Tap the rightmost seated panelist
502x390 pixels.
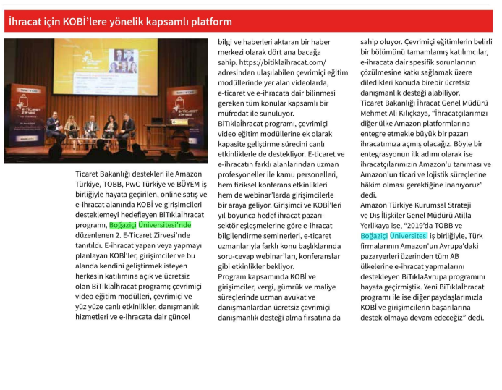tap(128, 125)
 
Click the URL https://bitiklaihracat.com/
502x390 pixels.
tap(273, 62)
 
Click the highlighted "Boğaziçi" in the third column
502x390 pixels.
tap(374, 235)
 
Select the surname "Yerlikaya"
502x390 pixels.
tap(380, 225)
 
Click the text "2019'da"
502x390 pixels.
tap(432, 225)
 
